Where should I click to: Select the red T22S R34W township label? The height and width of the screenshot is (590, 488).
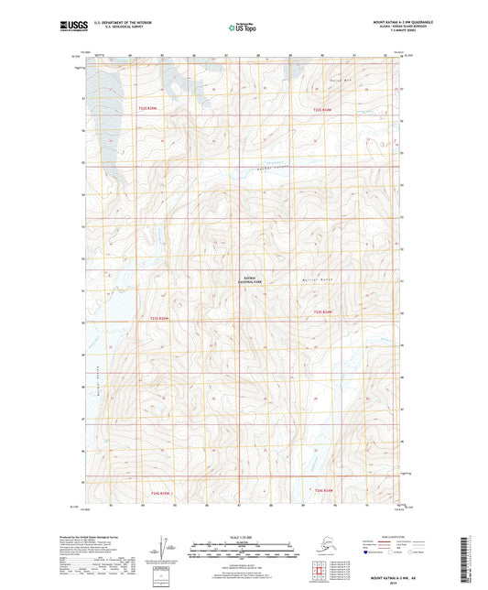(325, 110)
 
